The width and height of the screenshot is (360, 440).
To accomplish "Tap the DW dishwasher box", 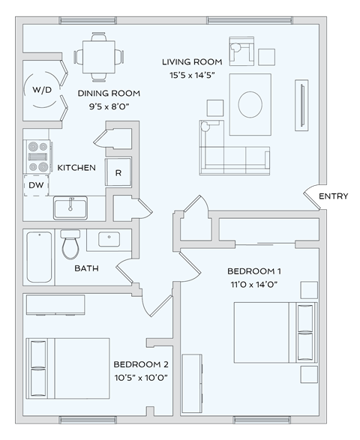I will pyautogui.click(x=35, y=184).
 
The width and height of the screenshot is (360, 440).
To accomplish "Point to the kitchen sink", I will pyautogui.click(x=71, y=206).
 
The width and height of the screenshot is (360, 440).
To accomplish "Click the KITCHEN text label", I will pyautogui.click(x=76, y=167).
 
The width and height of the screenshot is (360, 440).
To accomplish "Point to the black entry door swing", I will pyautogui.click(x=316, y=198).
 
